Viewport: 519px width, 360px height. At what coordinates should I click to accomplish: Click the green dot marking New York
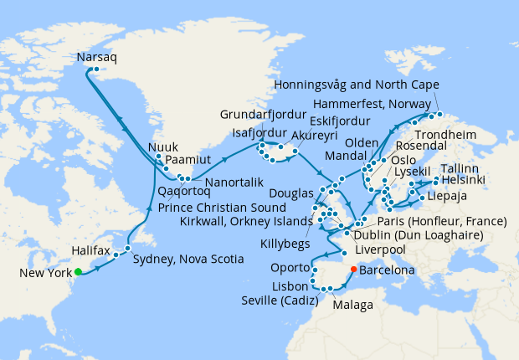pyautogui.click(x=77, y=271)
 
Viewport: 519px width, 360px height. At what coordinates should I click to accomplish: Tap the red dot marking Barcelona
pyautogui.click(x=352, y=270)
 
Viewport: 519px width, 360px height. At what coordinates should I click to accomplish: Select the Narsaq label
pyautogui.click(x=97, y=59)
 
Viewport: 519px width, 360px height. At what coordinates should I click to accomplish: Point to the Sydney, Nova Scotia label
pyautogui.click(x=188, y=260)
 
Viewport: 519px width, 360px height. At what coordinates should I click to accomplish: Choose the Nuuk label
pyautogui.click(x=163, y=148)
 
